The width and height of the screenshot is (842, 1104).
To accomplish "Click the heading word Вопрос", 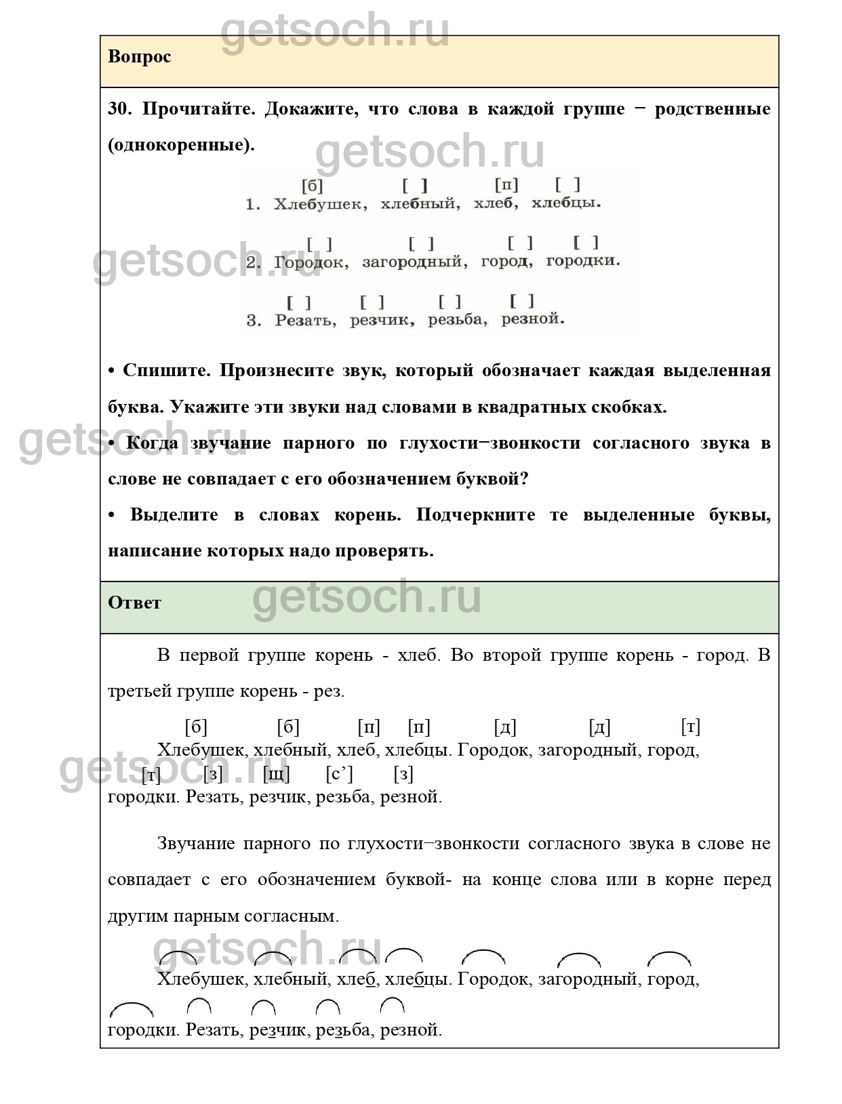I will (x=139, y=57).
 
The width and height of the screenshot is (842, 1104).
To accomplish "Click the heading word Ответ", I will (x=134, y=602).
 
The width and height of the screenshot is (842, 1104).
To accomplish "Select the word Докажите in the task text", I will (x=308, y=109).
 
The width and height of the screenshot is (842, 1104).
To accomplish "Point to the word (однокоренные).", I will (x=181, y=145).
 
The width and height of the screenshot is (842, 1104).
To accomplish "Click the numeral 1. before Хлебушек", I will (x=252, y=204).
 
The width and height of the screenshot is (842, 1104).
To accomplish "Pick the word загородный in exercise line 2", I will (x=414, y=262).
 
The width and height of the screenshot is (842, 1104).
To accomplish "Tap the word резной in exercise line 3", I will (x=532, y=319).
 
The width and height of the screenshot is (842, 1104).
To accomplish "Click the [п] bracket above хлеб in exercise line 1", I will (x=506, y=185).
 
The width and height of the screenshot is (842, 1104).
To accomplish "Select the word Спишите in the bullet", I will (x=167, y=371).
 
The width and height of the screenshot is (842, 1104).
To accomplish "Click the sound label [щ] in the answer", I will (x=276, y=774).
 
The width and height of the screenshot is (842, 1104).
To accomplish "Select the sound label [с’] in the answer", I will (x=339, y=774).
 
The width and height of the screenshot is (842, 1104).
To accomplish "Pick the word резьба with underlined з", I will (x=343, y=1030).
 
